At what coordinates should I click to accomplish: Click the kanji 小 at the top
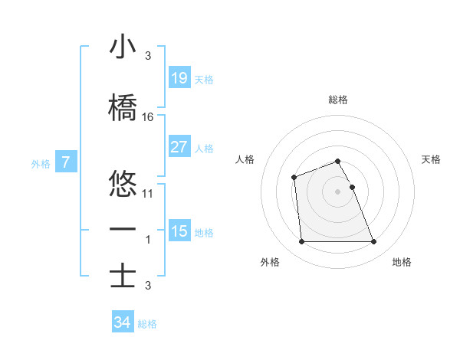(123, 47)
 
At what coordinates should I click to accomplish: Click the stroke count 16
(148, 116)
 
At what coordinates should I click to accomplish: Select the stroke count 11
(148, 194)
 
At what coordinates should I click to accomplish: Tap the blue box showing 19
(179, 77)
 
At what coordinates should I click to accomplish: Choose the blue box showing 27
(179, 147)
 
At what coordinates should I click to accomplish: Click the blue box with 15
(179, 231)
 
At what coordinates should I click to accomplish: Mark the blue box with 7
(66, 162)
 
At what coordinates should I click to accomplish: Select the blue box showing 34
(122, 322)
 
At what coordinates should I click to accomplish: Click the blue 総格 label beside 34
(147, 324)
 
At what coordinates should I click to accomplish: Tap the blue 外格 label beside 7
(41, 163)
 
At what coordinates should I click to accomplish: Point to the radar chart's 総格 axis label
(338, 100)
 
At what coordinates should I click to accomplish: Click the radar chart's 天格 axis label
(432, 159)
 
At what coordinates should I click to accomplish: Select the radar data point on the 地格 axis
(373, 242)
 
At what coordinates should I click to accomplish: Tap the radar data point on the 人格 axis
(294, 177)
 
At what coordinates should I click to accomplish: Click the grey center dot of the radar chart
(338, 191)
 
